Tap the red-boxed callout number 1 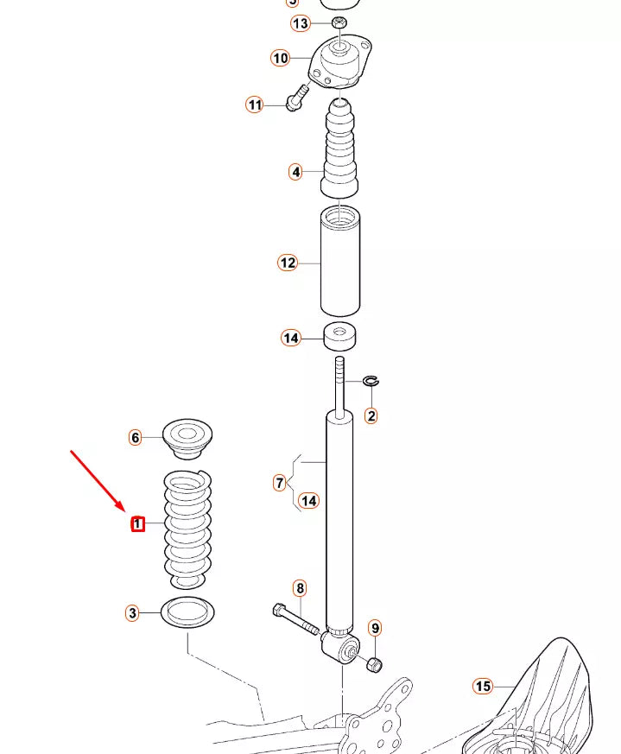click(136, 523)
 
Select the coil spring click(187, 527)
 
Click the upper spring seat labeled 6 click(187, 438)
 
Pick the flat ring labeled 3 click(187, 612)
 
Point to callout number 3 click(131, 613)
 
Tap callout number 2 click(371, 416)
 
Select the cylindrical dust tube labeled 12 click(340, 261)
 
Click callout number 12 click(287, 263)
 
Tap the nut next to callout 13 click(339, 22)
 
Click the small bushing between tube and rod click(342, 336)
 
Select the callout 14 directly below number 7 click(308, 500)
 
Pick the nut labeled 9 click(375, 663)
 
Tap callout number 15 click(482, 687)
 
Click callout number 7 click(279, 483)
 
